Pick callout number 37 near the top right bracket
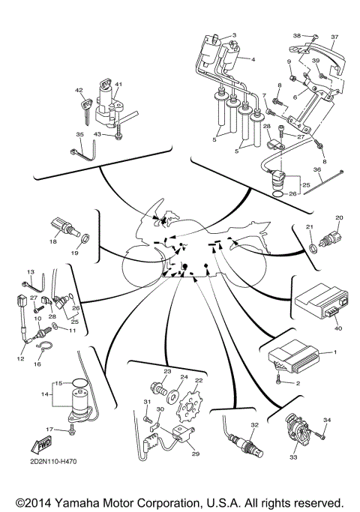click(335, 36)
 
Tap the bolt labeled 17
click(71, 430)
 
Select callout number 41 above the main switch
click(118, 84)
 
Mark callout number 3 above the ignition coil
click(234, 35)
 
